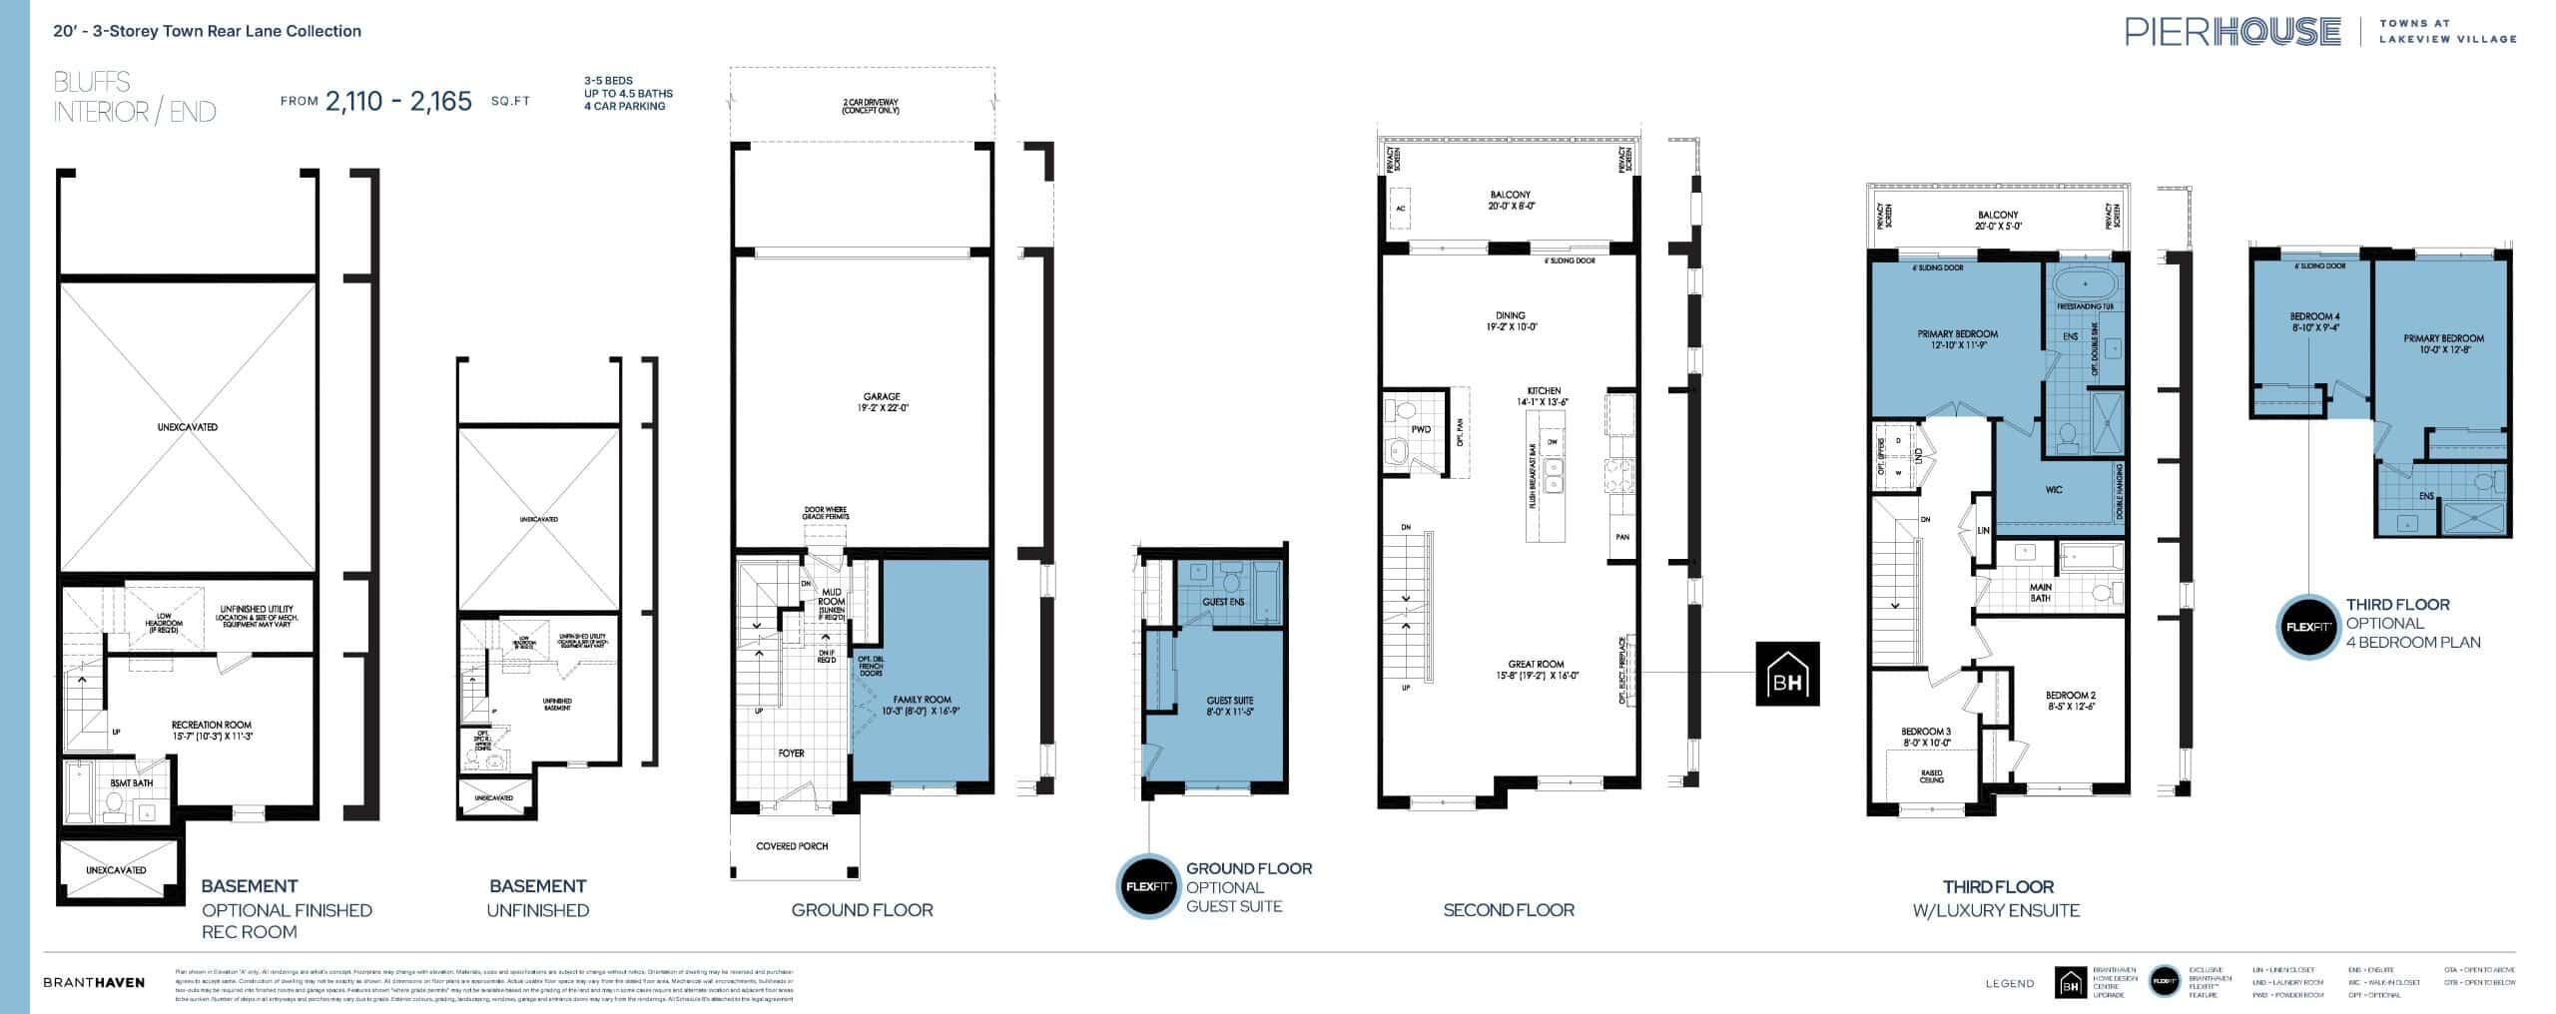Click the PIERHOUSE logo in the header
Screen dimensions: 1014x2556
click(x=2233, y=32)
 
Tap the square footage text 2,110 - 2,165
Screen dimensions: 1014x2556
click(x=398, y=101)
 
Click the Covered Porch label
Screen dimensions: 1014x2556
click(x=792, y=846)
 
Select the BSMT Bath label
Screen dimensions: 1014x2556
click(x=132, y=783)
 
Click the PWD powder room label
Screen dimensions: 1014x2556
click(x=1421, y=430)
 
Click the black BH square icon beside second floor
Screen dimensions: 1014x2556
click(x=1787, y=674)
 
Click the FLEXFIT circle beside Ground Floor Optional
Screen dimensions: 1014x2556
click(x=1148, y=886)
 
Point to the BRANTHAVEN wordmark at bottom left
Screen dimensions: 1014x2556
click(x=94, y=982)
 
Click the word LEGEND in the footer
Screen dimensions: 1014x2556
click(x=2010, y=983)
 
